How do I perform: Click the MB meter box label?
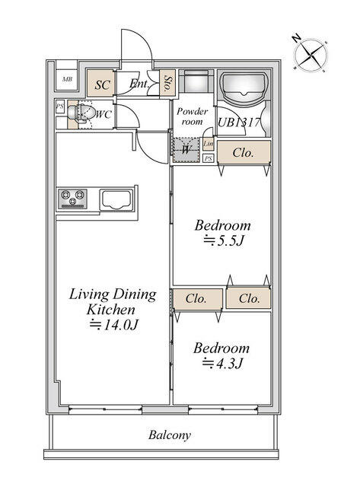click(68, 79)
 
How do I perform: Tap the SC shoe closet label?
click(102, 84)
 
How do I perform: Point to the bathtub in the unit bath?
click(244, 87)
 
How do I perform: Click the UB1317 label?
click(238, 122)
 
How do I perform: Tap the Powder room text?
click(193, 116)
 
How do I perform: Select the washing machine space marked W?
click(186, 150)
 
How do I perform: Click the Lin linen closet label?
click(208, 144)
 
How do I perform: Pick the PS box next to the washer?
click(209, 158)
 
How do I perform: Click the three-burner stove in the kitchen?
click(72, 199)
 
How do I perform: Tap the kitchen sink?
click(116, 200)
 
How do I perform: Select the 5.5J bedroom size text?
click(223, 241)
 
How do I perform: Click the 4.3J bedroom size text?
click(222, 363)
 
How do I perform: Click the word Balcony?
click(169, 434)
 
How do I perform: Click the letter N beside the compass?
click(296, 38)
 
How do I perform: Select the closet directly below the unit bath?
click(244, 152)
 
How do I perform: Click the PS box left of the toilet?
click(59, 107)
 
